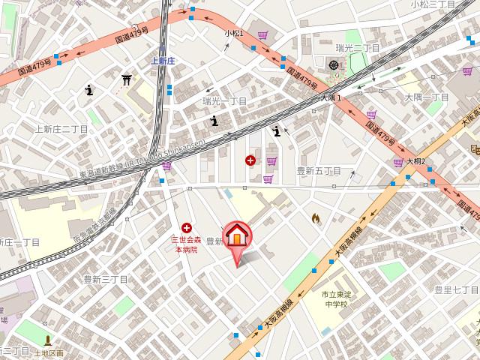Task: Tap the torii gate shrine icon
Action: tap(127, 79)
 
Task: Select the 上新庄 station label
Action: tap(162, 61)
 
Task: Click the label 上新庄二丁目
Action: tap(62, 129)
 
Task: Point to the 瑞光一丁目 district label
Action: tap(225, 100)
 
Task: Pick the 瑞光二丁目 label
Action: tap(358, 48)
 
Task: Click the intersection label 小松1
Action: tap(234, 34)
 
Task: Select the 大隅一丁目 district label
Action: tap(427, 97)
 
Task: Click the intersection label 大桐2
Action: tap(416, 161)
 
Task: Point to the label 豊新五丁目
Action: tap(319, 171)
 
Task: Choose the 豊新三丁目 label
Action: tap(106, 279)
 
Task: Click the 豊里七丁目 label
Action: tap(456, 289)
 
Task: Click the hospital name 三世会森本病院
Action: tap(186, 244)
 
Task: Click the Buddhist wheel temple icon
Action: tap(334, 65)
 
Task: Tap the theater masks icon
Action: tap(474, 151)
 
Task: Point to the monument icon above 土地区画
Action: tap(48, 340)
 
